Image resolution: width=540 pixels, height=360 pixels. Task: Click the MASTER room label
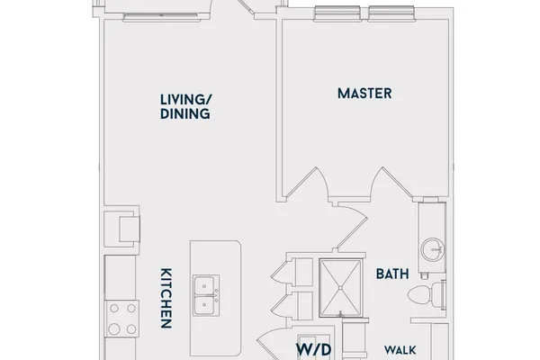[364, 94]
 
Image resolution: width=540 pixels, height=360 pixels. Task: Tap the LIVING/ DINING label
[186, 107]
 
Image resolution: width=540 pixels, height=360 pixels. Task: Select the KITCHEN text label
[166, 298]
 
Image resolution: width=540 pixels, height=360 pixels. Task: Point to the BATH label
[392, 274]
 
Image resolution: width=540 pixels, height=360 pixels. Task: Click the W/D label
[314, 350]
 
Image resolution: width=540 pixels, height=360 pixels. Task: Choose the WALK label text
[400, 350]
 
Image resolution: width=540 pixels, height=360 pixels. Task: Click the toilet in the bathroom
[427, 294]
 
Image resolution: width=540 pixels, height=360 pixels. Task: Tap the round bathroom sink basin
[433, 249]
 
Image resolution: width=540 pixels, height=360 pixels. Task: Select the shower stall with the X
[340, 288]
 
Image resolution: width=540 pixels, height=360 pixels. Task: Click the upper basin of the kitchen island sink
[204, 286]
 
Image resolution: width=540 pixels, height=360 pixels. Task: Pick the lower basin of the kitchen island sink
[204, 305]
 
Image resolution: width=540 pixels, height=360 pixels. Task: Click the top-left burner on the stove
[114, 308]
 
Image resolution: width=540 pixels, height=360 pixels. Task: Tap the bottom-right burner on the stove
[131, 329]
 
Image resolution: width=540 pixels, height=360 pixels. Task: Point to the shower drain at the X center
[340, 288]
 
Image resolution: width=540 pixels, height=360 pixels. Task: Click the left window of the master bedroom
[337, 13]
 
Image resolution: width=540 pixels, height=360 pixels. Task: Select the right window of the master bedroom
[391, 13]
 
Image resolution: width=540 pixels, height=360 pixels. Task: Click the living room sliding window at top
[162, 17]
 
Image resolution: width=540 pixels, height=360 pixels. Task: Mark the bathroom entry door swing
[353, 226]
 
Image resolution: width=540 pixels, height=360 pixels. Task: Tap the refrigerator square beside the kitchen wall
[130, 229]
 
